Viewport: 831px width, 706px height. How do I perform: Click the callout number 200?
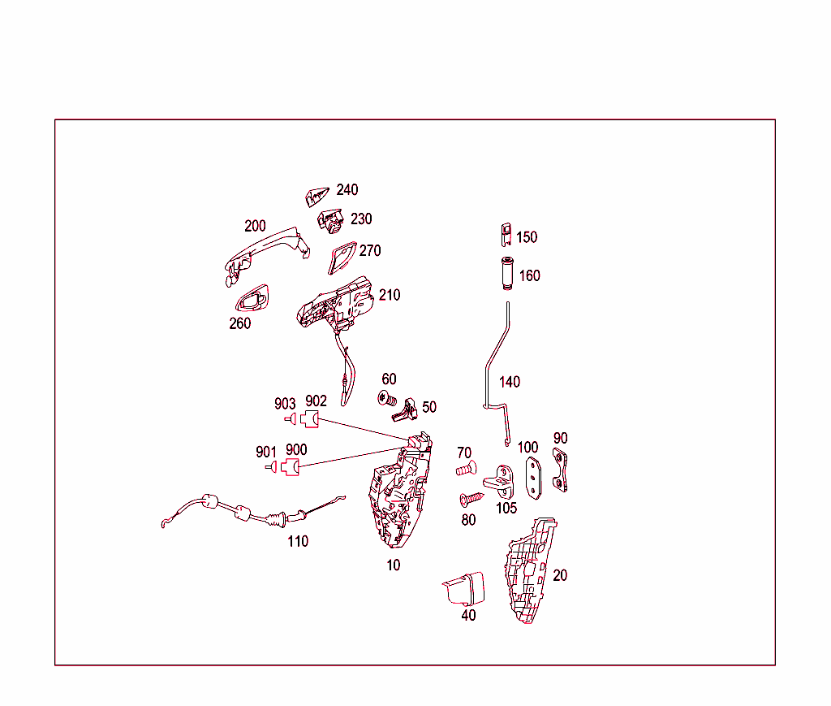pos(256,226)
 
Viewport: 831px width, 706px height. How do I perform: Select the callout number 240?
pos(347,190)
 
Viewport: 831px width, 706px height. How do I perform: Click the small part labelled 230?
pos(331,219)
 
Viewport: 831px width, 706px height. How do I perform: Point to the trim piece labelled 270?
pos(340,257)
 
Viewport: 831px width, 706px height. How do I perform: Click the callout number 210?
pos(390,295)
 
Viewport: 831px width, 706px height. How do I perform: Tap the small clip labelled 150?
pos(505,234)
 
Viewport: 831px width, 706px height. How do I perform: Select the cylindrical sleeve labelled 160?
pos(506,272)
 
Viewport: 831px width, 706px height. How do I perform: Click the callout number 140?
pos(510,382)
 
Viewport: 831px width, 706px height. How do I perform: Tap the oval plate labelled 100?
pos(532,477)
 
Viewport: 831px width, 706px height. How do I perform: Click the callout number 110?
pos(298,541)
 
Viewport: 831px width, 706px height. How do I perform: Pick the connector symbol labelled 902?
pos(310,419)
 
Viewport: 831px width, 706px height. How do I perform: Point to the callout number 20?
pos(560,575)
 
